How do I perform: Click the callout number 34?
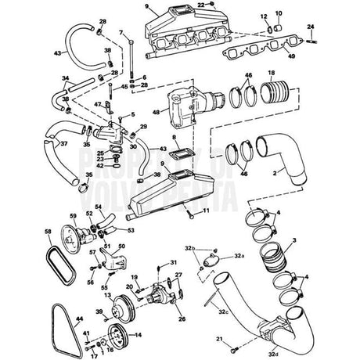66,78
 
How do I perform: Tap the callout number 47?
97,103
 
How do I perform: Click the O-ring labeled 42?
115,165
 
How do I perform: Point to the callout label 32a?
238,255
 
